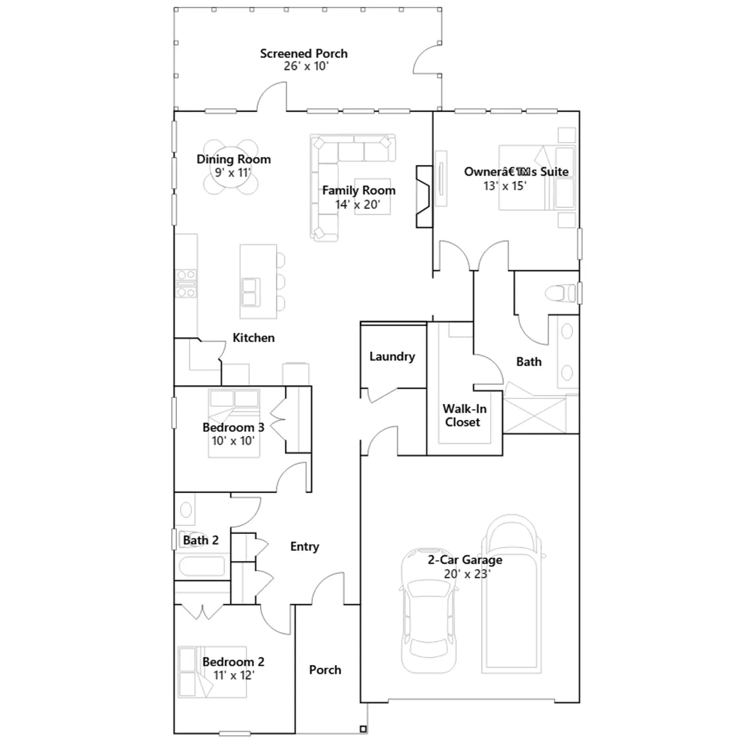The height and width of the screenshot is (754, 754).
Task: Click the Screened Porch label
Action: (x=304, y=54)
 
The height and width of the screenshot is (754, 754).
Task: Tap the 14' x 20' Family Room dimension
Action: (x=358, y=205)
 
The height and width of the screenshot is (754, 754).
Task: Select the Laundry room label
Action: (x=392, y=357)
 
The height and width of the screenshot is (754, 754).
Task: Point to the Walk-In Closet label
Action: (x=464, y=415)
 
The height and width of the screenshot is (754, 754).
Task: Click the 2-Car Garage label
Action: (x=465, y=560)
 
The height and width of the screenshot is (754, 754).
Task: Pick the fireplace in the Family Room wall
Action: (x=424, y=197)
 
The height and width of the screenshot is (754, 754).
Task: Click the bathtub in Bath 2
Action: (x=202, y=566)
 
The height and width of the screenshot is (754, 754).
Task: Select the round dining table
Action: (x=231, y=167)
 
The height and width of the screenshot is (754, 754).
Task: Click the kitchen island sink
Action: (x=250, y=292)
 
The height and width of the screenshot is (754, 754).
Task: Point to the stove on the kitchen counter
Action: (x=186, y=284)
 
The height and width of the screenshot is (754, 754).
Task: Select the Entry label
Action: (x=304, y=547)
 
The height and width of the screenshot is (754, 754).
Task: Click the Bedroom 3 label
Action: (x=233, y=427)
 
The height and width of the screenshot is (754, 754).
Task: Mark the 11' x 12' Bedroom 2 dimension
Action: (x=234, y=675)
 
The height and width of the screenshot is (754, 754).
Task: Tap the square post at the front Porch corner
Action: (x=363, y=729)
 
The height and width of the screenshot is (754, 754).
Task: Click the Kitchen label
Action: (x=254, y=338)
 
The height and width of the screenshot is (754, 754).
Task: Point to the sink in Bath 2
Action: (x=186, y=509)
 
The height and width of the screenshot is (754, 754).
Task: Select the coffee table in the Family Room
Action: (x=372, y=197)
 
